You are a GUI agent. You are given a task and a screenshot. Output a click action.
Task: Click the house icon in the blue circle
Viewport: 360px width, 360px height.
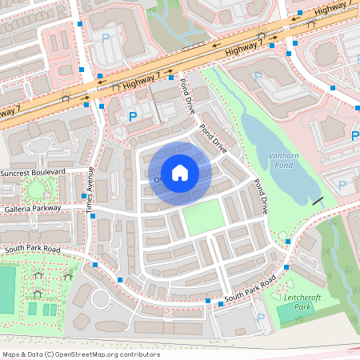[180, 172]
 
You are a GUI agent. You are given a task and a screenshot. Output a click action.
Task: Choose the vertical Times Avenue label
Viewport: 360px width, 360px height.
[91, 191]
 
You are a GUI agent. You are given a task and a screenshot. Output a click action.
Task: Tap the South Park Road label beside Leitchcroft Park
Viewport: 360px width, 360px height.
[250, 290]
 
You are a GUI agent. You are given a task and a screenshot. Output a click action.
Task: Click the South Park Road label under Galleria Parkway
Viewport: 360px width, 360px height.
[32, 249]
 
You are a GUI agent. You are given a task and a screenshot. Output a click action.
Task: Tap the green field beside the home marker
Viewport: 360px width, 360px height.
[202, 217]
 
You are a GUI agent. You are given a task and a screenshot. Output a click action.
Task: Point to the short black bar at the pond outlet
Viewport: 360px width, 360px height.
[318, 199]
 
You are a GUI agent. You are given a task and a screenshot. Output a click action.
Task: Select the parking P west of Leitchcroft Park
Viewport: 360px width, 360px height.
[260, 317]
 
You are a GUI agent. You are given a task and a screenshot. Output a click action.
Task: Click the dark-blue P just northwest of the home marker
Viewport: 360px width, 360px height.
[133, 117]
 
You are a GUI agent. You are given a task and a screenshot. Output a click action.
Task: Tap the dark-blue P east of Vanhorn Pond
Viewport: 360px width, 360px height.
[342, 186]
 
